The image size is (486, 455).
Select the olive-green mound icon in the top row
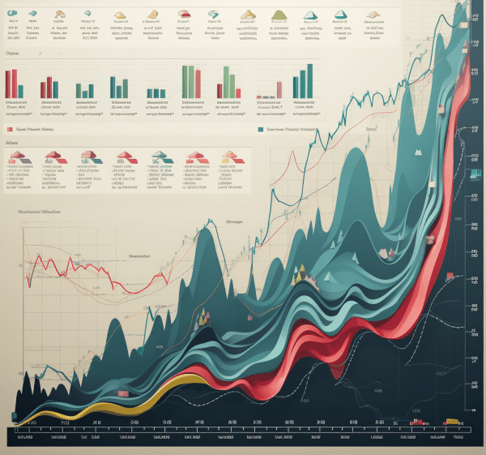[x=280, y=14]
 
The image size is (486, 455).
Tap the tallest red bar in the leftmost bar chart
[x=10, y=83]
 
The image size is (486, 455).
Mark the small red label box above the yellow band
[x=122, y=393]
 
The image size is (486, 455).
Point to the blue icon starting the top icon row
[x=12, y=14]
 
